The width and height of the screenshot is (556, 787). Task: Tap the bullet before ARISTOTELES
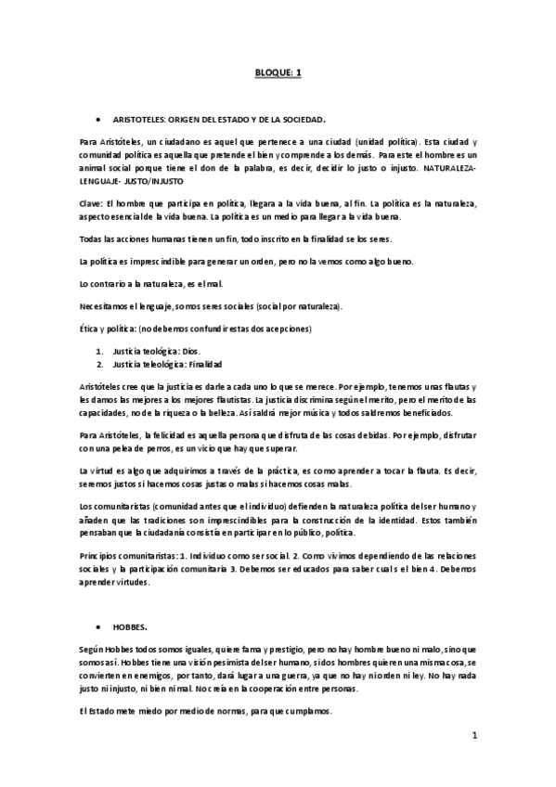pos(98,121)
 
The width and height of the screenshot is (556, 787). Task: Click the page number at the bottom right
pos(473,736)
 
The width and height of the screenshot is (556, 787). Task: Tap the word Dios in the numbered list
pos(190,351)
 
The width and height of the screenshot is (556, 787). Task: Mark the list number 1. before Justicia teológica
pos(100,351)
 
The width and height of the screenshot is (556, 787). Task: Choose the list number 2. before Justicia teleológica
pos(100,364)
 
